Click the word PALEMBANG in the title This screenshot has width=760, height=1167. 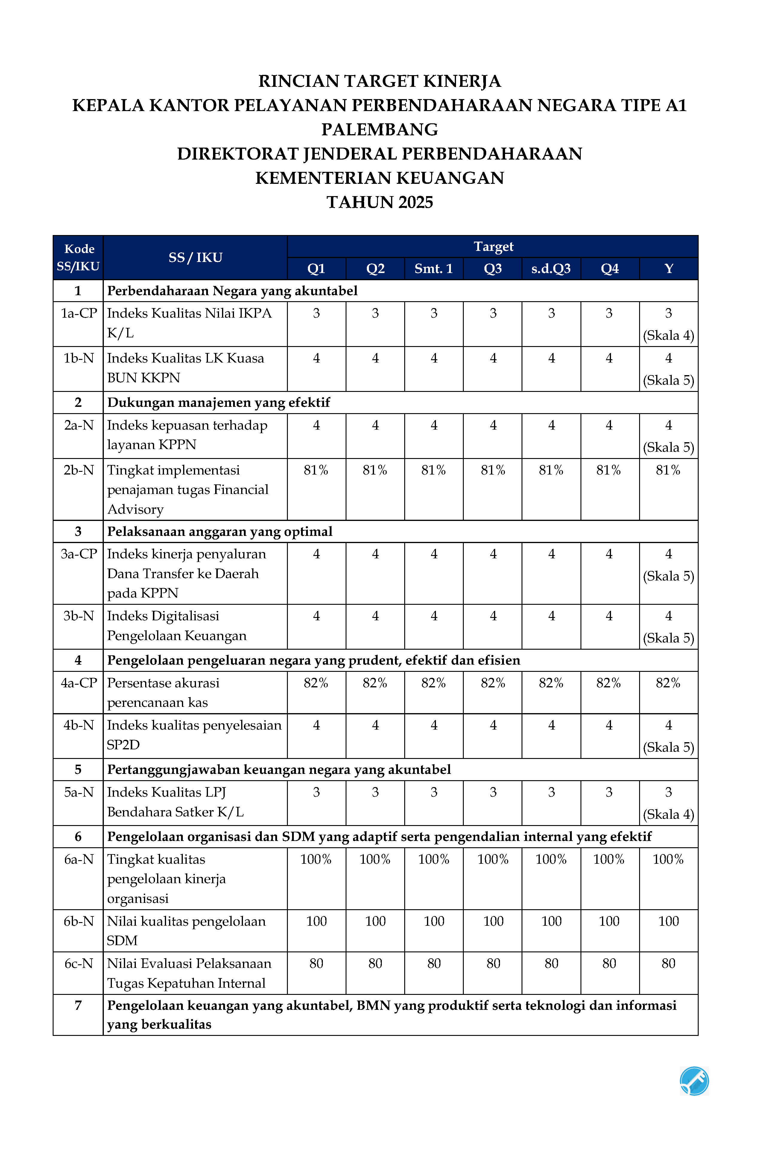coord(380,129)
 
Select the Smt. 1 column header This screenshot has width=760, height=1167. coord(434,269)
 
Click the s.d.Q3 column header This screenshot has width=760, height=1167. coord(551,269)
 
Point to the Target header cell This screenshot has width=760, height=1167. coord(493,247)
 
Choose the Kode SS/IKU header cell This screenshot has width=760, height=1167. coord(78,257)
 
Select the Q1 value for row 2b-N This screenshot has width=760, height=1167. coord(316,470)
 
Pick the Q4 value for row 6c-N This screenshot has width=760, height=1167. coord(609,963)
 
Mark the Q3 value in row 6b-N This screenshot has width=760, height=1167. coord(493,921)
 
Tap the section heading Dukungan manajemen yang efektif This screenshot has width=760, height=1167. coord(218,403)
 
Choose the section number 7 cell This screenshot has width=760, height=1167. coord(78,1005)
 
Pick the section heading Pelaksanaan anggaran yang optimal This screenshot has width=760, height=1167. coord(220,531)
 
